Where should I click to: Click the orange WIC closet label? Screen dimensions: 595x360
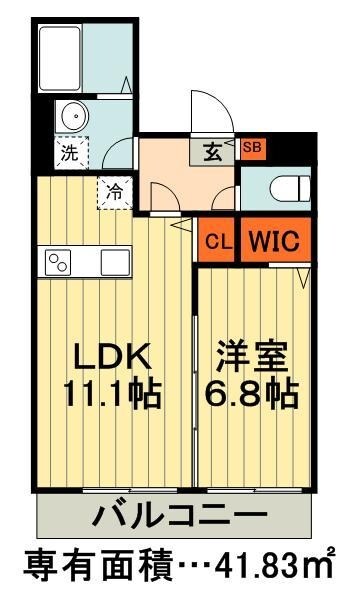(x=271, y=241)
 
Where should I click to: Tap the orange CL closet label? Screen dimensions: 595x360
(x=215, y=241)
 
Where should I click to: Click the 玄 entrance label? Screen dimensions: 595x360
(x=214, y=152)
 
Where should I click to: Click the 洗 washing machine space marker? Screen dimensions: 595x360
(x=70, y=154)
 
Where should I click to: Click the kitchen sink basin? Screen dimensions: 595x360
(x=114, y=265)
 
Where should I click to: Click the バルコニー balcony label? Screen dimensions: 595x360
(x=181, y=517)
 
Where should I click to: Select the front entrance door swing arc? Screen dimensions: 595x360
(x=210, y=112)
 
